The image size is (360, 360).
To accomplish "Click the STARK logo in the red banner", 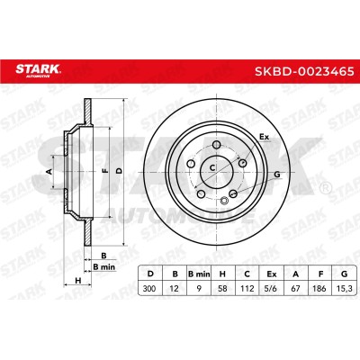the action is pos(38,70).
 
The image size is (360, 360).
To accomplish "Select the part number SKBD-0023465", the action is pos(304,72).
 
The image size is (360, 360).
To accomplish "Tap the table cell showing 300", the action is pos(149,289).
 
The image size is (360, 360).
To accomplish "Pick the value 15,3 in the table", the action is pos(345,289).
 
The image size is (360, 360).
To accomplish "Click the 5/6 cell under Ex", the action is pos(272,289).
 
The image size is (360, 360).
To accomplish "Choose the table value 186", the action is pos(319,289).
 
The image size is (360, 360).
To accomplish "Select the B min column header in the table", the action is pos(199,274).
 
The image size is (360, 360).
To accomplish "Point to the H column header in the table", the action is pos(222,274).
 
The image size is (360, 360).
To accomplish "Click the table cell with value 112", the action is pos(247,289).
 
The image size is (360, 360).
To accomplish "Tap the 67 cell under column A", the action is pos(295,289).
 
